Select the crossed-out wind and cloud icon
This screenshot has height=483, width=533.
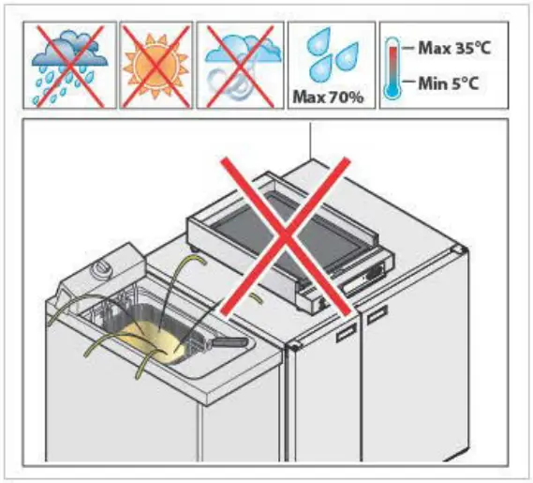click(x=240, y=64)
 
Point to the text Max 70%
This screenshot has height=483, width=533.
click(x=330, y=96)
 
